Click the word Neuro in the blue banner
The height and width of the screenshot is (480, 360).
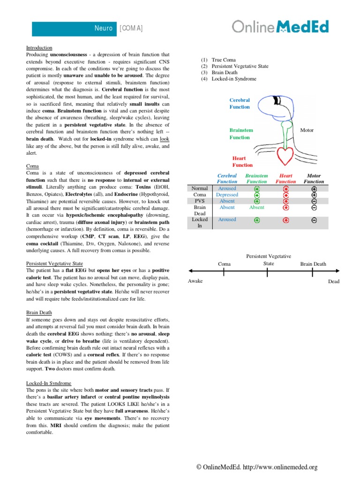coord(104,29)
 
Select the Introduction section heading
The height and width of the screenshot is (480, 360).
coord(39,48)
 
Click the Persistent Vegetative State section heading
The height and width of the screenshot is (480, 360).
coord(54,264)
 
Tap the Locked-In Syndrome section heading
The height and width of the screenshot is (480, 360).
coord(48,383)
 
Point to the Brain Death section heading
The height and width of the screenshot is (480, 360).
coord(39,312)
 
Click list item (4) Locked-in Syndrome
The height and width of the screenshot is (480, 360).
coord(228,79)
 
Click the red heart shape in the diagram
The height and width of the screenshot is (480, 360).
coord(285,154)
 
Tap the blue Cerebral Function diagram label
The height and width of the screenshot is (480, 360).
coord(240,104)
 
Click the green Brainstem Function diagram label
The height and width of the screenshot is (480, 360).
coord(241,134)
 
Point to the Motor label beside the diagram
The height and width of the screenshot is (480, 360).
coord(307,130)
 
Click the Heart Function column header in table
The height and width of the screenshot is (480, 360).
coord(285,179)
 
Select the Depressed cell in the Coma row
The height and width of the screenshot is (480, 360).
coord(227,195)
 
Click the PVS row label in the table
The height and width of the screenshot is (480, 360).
coord(200,201)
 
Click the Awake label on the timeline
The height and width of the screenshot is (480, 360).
coord(195,281)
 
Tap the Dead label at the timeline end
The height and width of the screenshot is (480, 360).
coord(333,281)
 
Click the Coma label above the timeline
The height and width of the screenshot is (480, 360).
coord(225,264)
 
